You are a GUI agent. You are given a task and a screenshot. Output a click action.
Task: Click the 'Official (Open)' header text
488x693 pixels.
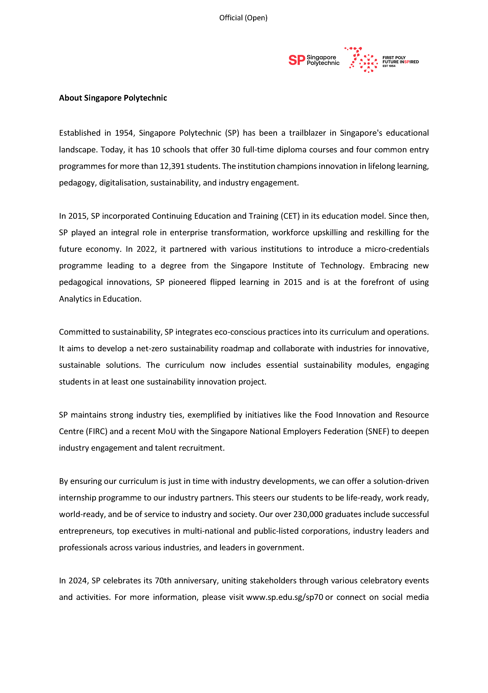coord(243,18)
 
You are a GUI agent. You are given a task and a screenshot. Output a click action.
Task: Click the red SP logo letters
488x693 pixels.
coord(296,60)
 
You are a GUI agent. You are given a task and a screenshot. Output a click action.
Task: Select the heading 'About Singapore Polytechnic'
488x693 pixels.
coord(113,98)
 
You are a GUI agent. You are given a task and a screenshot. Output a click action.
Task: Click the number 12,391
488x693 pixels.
coord(172,166)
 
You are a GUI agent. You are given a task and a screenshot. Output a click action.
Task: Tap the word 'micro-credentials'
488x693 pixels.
coord(397,249)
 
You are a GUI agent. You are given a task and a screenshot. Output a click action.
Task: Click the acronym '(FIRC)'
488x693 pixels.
coord(97,432)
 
